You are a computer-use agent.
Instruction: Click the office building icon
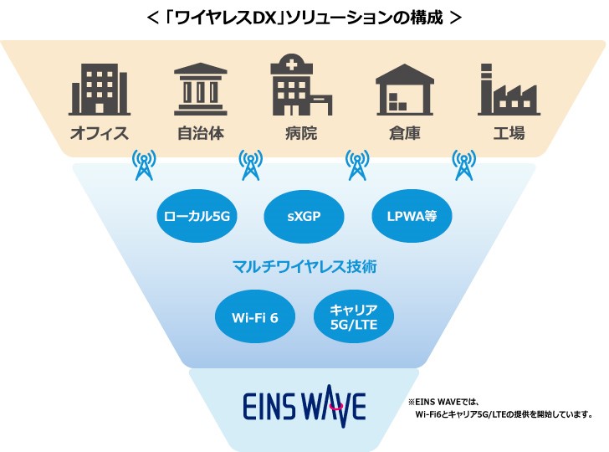(99, 89)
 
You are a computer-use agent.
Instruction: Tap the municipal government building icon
(201, 89)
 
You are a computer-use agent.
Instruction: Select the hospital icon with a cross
(299, 88)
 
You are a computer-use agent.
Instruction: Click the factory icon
(509, 89)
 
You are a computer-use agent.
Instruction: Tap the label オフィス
(99, 133)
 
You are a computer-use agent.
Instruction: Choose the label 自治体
(201, 133)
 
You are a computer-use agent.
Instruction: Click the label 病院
(300, 133)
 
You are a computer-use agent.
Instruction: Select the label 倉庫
(406, 133)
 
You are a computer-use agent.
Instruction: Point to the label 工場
(509, 133)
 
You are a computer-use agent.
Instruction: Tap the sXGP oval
(304, 218)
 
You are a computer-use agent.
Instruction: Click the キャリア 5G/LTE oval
(354, 318)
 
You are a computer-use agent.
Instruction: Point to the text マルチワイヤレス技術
(304, 268)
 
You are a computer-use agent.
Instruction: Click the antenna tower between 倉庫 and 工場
(463, 165)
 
